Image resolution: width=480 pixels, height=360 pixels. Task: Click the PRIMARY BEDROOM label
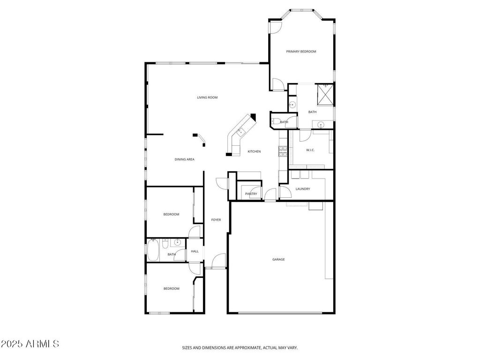pyautogui.click(x=301, y=52)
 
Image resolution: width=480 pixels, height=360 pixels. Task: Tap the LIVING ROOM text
pyautogui.click(x=207, y=97)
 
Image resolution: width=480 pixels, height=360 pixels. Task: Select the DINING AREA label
pyautogui.click(x=184, y=159)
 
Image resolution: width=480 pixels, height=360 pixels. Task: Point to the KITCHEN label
pyautogui.click(x=254, y=151)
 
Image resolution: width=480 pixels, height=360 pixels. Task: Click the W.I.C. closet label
pyautogui.click(x=310, y=150)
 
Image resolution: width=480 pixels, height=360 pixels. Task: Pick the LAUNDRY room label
pyautogui.click(x=303, y=189)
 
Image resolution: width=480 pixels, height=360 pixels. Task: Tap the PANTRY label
pyautogui.click(x=251, y=194)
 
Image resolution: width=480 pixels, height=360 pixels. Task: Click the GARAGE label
pyautogui.click(x=278, y=259)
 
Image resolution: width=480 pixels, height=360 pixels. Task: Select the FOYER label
pyautogui.click(x=216, y=220)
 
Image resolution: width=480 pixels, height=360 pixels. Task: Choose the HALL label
pyautogui.click(x=195, y=251)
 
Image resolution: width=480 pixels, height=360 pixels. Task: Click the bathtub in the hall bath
pyautogui.click(x=153, y=250)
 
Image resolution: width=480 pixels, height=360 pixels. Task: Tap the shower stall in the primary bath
pyautogui.click(x=325, y=94)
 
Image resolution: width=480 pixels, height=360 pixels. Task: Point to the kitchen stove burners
pyautogui.click(x=283, y=151)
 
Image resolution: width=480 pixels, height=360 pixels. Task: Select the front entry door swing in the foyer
pyautogui.click(x=218, y=261)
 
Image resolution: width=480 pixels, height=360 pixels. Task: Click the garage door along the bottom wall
pyautogui.click(x=280, y=313)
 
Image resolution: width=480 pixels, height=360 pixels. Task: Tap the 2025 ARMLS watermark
pyautogui.click(x=30, y=344)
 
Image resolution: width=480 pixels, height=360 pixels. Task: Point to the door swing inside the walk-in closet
pyautogui.click(x=305, y=135)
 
